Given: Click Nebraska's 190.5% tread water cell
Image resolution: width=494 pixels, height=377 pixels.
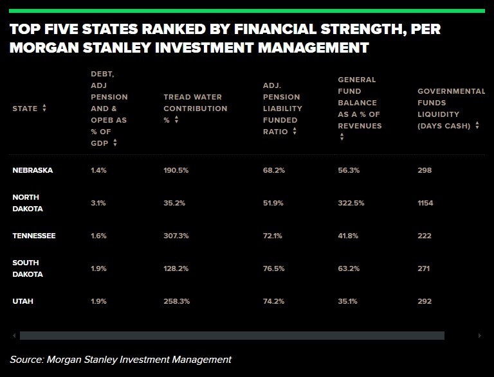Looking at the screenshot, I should pyautogui.click(x=176, y=170).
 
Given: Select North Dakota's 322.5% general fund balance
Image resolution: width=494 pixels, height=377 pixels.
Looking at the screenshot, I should pyautogui.click(x=351, y=203).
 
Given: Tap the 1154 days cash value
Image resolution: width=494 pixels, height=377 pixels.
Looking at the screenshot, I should pyautogui.click(x=425, y=203).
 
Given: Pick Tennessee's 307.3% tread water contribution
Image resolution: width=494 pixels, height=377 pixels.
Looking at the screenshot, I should pyautogui.click(x=176, y=236).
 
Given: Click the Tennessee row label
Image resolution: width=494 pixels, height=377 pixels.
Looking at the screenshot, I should pyautogui.click(x=34, y=236).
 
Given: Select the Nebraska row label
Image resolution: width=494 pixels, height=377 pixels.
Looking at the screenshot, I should pyautogui.click(x=33, y=170).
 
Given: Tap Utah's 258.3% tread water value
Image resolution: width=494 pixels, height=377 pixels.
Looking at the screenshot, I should pyautogui.click(x=176, y=301).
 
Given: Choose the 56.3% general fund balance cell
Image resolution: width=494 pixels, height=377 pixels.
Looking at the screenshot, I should pyautogui.click(x=349, y=170).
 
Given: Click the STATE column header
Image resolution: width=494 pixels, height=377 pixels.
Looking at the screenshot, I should pyautogui.click(x=25, y=109).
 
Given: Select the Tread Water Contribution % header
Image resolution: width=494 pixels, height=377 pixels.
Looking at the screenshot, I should pyautogui.click(x=195, y=109).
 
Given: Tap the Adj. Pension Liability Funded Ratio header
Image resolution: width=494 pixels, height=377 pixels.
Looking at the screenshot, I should pyautogui.click(x=281, y=109).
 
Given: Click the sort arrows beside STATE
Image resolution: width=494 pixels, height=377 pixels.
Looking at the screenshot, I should pyautogui.click(x=44, y=109).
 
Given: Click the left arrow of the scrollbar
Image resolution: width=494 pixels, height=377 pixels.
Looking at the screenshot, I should pyautogui.click(x=14, y=335).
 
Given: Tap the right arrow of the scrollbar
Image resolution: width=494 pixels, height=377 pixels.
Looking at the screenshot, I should pyautogui.click(x=479, y=335).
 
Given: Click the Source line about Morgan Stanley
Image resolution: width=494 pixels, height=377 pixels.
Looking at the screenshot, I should pyautogui.click(x=120, y=360).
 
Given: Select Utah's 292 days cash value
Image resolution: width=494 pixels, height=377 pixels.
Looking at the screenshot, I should pyautogui.click(x=425, y=301).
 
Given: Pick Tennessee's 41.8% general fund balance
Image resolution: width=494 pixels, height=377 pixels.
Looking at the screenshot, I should pyautogui.click(x=349, y=236).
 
